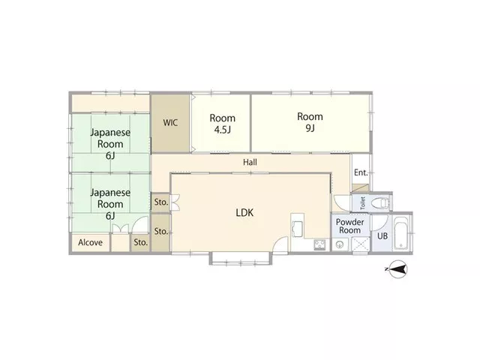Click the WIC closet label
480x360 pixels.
[170, 123]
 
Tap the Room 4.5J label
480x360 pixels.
[223, 124]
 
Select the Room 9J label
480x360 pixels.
[310, 122]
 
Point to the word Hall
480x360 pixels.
[250, 162]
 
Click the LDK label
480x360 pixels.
[244, 212]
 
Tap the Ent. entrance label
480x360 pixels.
[361, 172]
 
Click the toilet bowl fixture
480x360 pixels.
[380, 202]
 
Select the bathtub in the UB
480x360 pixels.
[400, 233]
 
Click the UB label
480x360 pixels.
[382, 236]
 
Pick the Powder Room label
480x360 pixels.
[350, 226]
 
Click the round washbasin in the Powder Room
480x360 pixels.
[340, 244]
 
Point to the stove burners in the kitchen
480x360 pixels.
[320, 244]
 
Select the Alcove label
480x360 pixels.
[90, 242]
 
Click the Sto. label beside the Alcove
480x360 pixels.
[141, 242]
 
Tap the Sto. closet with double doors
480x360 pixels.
[161, 202]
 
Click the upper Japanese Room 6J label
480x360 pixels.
[110, 144]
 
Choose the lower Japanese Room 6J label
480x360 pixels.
[110, 204]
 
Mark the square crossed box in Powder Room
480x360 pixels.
[361, 244]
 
